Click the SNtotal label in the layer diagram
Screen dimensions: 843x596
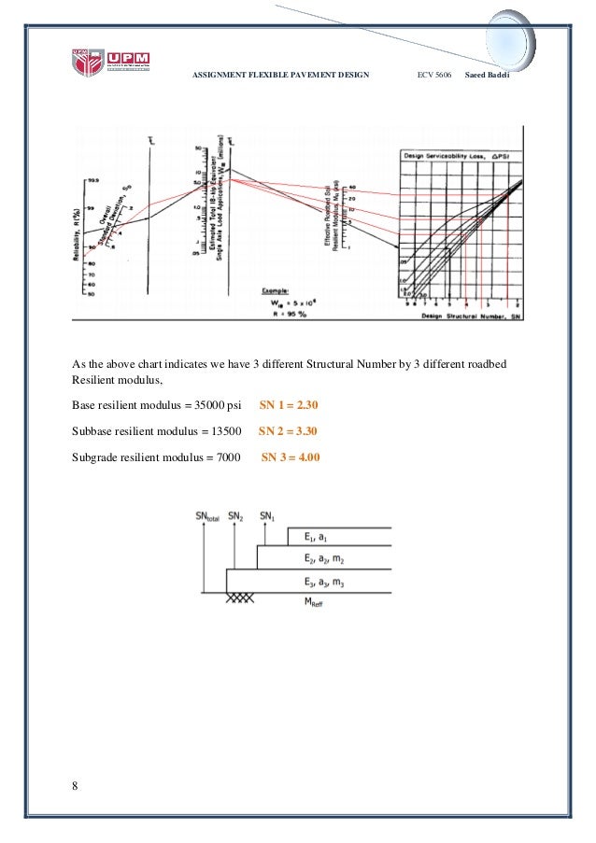click(206, 516)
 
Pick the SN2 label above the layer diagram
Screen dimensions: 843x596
click(235, 516)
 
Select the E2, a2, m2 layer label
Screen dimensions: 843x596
click(321, 558)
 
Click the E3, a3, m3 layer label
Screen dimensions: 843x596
click(321, 581)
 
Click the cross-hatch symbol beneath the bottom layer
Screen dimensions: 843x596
click(239, 597)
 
